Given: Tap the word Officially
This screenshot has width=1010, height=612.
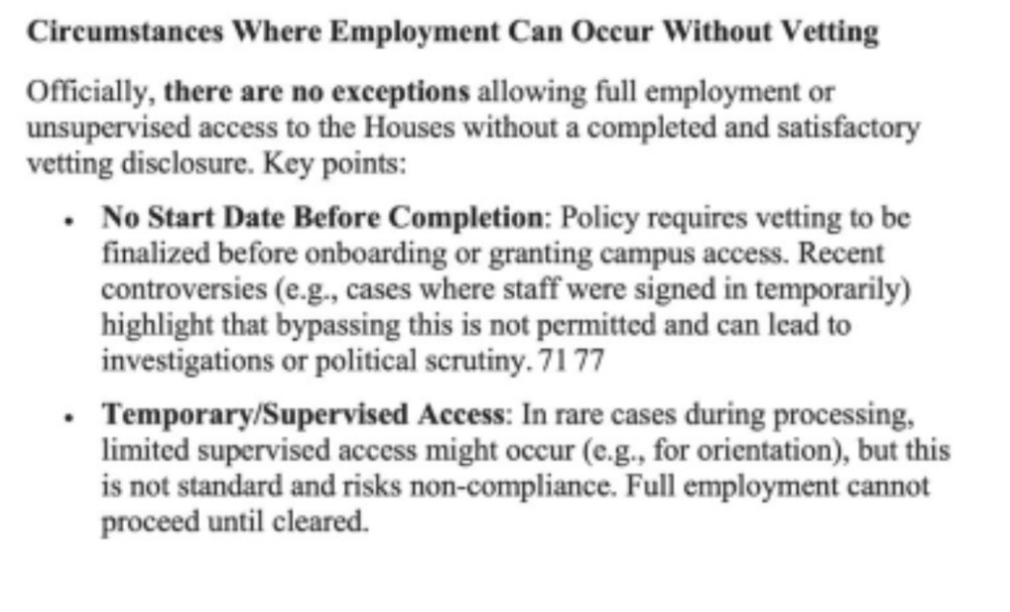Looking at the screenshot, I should [x=90, y=92].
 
